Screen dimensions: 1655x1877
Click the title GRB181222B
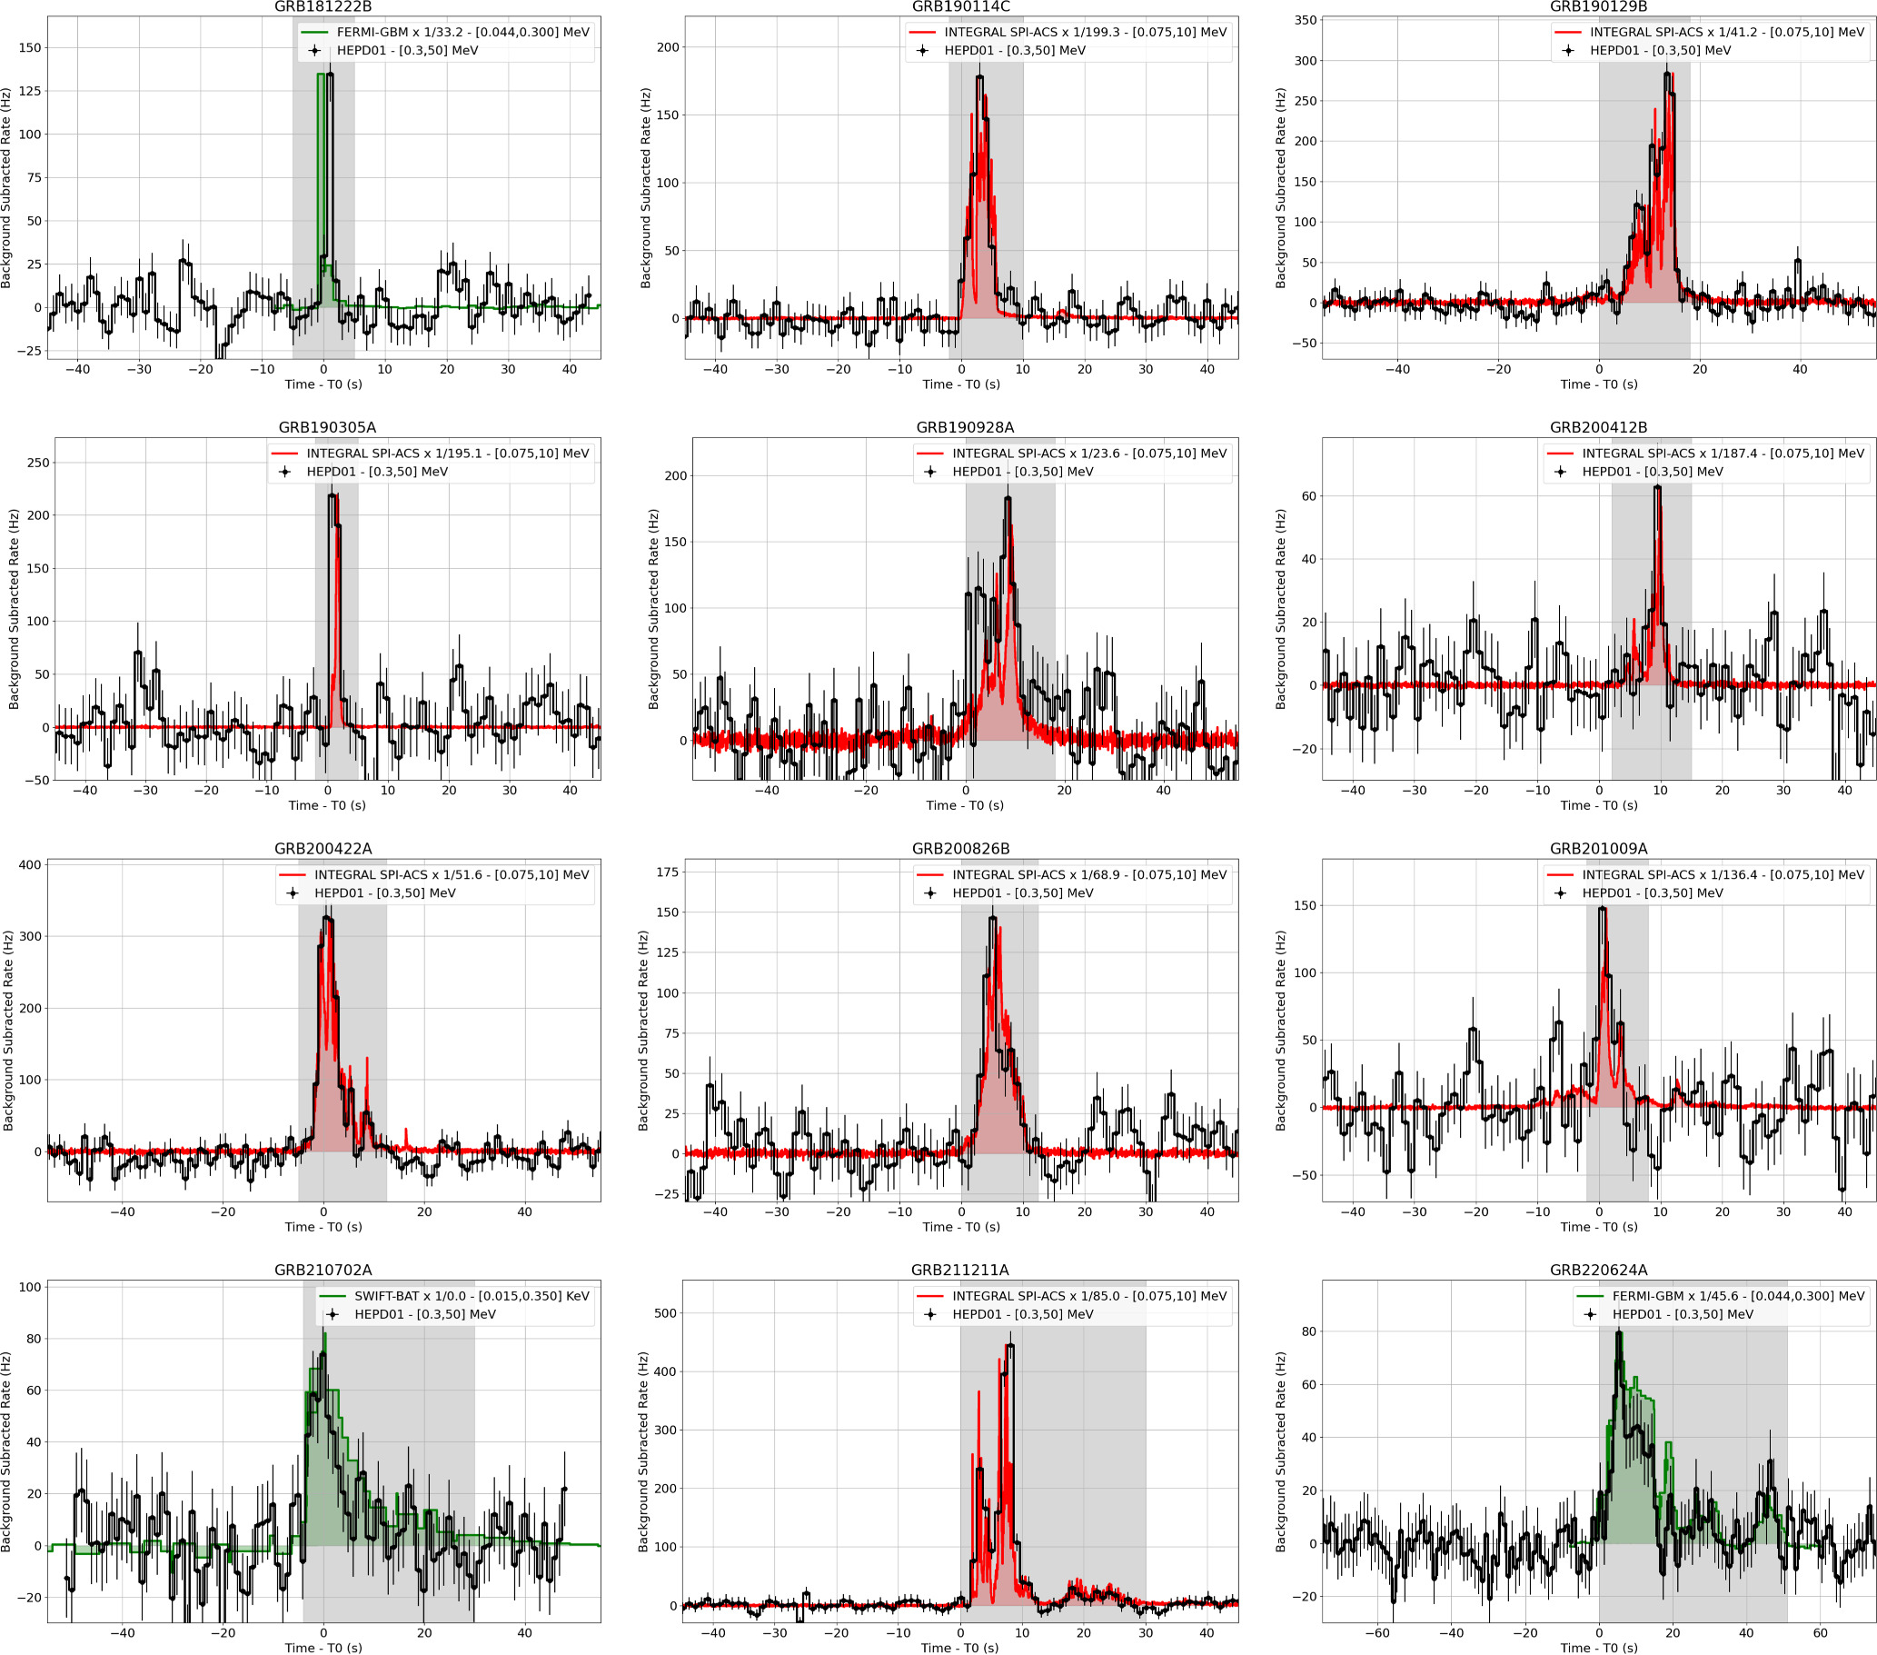pos(323,7)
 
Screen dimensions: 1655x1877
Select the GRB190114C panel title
pos(960,7)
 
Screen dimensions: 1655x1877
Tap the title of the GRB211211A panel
pos(959,1271)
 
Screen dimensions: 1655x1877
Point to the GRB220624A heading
pos(1598,1271)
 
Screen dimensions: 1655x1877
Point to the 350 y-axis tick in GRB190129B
pos(1306,20)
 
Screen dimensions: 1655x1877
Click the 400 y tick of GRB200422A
pos(30,865)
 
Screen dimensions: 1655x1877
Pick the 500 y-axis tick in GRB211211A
pos(666,1313)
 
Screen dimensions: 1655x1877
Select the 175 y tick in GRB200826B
pos(668,872)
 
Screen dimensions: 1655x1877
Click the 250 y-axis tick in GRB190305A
pos(38,463)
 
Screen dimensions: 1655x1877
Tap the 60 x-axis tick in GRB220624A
pos(1820,1633)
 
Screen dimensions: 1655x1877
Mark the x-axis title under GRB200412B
pos(1598,805)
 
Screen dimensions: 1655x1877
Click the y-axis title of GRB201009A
pos(1281,1030)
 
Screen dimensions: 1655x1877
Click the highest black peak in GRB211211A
pos(1010,1345)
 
